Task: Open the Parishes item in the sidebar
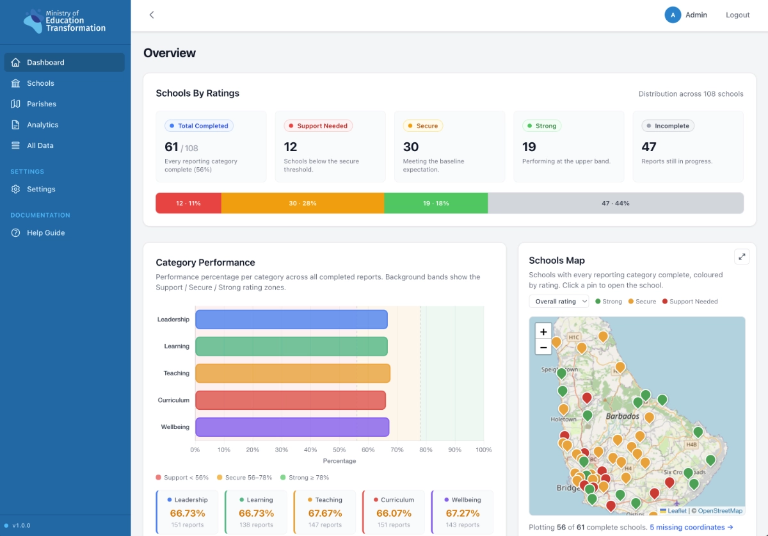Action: coord(41,104)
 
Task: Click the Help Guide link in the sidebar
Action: coord(45,232)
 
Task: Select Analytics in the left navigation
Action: coord(42,125)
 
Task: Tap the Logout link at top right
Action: coord(737,15)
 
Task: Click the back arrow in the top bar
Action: coord(152,15)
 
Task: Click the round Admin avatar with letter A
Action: coord(673,15)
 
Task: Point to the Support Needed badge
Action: coord(318,126)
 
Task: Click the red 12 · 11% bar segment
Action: coord(188,203)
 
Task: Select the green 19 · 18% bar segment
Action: coord(436,203)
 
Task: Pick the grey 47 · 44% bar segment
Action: coord(616,203)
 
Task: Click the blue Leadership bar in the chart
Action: coord(291,320)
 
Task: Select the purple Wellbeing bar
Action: coord(292,427)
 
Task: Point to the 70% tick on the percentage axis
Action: coord(397,450)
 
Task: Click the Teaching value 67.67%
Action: coord(325,513)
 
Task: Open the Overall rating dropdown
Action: coord(559,301)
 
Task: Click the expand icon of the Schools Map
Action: coord(742,257)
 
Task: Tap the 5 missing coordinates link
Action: coord(691,527)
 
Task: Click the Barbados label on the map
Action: coord(622,416)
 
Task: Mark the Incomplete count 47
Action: coord(649,147)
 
